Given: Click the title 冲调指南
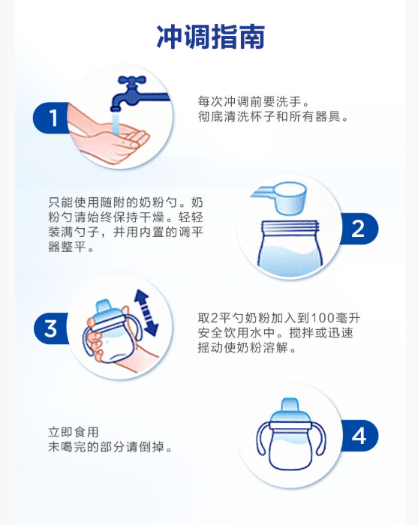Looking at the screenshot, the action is click(x=211, y=37).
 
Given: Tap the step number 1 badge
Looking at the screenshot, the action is click(x=51, y=118).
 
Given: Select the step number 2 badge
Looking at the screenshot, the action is click(x=359, y=229).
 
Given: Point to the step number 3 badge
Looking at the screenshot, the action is click(x=51, y=328).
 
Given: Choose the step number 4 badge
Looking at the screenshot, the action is click(x=359, y=436).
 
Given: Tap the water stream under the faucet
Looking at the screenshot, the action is click(x=116, y=123).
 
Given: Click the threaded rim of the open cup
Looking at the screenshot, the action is click(x=290, y=228).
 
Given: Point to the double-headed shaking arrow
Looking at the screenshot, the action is click(x=146, y=313).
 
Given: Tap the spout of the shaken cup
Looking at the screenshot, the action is click(x=104, y=307).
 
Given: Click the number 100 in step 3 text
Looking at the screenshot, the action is click(x=323, y=318).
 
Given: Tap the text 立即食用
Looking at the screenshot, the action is click(x=74, y=432).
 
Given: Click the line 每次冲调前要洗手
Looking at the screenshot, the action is click(x=254, y=101).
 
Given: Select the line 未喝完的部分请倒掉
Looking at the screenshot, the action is click(x=110, y=447).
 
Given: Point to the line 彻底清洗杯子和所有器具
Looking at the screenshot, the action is click(x=273, y=116).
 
